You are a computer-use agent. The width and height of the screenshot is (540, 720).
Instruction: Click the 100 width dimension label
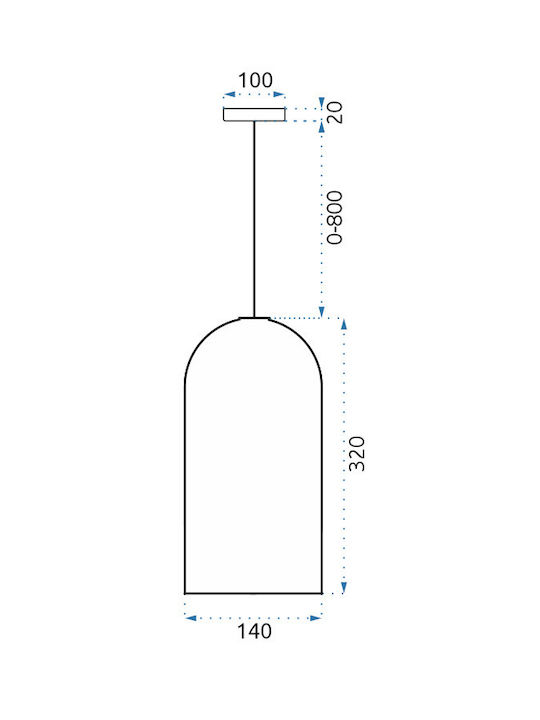coord(255,80)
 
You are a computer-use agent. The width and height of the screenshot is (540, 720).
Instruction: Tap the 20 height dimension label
coord(336,112)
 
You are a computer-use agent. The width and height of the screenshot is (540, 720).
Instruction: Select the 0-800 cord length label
coord(335,218)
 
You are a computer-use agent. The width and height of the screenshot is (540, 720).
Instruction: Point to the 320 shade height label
coord(357,454)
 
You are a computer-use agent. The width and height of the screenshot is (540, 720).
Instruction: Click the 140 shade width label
coord(254,631)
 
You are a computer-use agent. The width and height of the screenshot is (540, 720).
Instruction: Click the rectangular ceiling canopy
coord(254,114)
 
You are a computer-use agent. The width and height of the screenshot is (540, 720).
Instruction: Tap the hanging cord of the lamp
coord(254,219)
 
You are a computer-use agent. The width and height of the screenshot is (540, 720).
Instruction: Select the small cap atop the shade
coord(254,317)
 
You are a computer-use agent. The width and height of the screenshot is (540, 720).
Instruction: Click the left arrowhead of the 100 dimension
coord(229,95)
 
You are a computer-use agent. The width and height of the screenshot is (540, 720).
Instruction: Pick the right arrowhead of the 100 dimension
coord(279,95)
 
